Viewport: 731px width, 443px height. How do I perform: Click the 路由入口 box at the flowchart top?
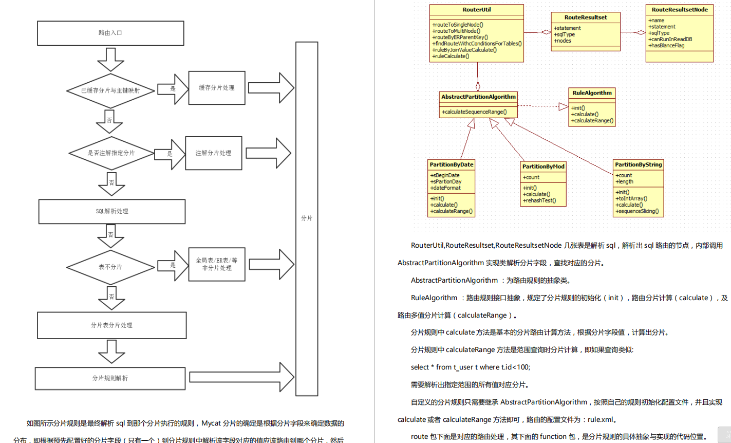point(110,33)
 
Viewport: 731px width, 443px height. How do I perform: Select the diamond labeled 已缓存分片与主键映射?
point(110,90)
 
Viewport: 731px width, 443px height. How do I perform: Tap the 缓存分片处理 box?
point(217,88)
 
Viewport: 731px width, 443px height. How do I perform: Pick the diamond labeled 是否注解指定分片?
point(111,153)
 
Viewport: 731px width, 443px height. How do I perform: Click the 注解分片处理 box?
point(213,153)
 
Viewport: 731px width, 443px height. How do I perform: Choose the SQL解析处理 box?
point(112,211)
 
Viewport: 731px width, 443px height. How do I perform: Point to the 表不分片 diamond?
point(110,267)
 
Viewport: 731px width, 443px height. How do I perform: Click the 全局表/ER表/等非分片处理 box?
point(217,264)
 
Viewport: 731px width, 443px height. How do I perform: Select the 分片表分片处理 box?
point(111,325)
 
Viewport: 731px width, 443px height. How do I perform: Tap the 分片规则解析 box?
point(110,378)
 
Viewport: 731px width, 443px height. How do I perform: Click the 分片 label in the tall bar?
point(307,218)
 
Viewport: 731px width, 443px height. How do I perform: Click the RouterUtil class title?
point(477,10)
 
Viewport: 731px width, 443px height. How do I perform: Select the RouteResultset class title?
point(586,17)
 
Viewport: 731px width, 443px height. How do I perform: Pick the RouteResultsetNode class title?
point(680,10)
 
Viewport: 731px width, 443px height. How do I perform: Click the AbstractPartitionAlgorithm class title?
point(478,97)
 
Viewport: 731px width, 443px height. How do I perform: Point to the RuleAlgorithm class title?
point(592,93)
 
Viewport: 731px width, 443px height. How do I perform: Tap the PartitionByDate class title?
point(452,164)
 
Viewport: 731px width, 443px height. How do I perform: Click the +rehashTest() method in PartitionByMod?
point(539,201)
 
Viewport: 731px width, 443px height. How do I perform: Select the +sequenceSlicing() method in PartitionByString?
point(637,211)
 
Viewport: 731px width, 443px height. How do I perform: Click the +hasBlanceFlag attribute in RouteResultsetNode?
point(666,46)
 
